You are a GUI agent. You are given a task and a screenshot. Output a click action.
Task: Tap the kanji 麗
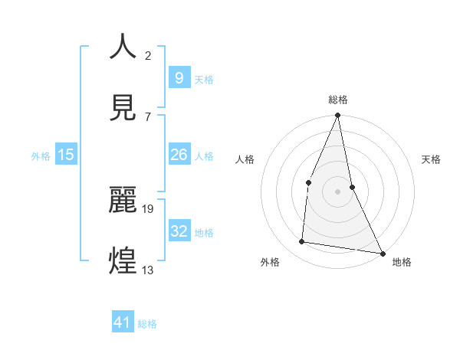point(123,199)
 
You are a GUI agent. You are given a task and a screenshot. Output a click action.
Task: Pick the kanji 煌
point(123,260)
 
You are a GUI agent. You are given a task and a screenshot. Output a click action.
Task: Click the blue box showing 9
point(179,78)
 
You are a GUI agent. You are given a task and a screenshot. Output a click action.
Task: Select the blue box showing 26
point(179,155)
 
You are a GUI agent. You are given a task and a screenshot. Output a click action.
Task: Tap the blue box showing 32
point(179,231)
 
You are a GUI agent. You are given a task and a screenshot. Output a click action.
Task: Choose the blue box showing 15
point(66,155)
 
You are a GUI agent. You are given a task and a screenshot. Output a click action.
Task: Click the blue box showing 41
point(123,322)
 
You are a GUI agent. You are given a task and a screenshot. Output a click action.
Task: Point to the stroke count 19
point(149,208)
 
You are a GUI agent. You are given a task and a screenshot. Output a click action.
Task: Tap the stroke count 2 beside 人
point(147,55)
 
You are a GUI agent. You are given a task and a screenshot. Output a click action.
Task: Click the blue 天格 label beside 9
point(204,79)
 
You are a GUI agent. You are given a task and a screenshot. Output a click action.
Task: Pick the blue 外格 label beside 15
point(41,156)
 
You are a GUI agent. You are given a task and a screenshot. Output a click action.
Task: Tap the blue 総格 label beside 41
point(147,323)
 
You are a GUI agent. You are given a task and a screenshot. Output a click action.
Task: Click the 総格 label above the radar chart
point(338,100)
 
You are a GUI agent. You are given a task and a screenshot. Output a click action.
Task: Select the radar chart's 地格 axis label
point(402,263)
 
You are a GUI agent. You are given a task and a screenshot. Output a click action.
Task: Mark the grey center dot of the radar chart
point(338,191)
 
